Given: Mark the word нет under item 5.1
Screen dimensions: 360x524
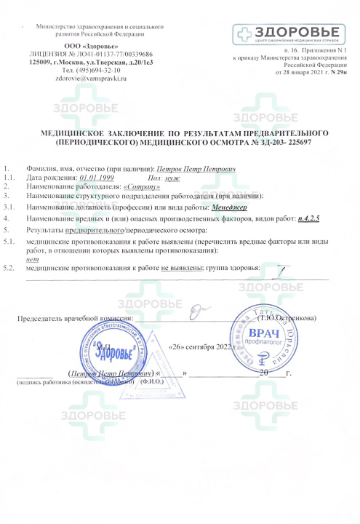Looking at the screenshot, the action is [31, 259].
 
